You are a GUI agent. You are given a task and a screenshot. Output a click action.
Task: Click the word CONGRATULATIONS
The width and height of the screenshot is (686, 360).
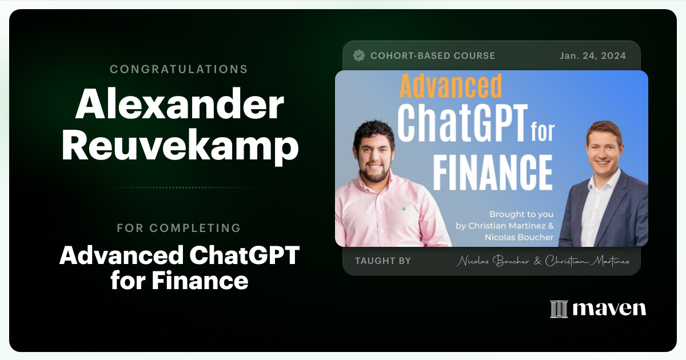coord(179,69)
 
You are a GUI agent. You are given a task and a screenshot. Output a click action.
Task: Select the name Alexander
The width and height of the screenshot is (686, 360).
coord(180,106)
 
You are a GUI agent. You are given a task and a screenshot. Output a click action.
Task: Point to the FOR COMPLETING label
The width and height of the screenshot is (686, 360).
coord(179,228)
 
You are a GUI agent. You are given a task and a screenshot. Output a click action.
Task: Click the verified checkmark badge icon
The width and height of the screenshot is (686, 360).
coord(359,55)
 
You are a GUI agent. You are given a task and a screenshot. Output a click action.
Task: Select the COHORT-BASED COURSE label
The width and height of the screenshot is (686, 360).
coord(433,55)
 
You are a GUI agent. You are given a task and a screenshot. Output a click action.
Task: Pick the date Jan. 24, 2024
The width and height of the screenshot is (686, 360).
coord(593,55)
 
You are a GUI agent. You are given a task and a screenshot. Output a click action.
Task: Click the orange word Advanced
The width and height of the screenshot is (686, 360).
coord(450,86)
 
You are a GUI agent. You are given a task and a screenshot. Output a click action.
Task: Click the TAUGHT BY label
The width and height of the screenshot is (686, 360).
coord(382,261)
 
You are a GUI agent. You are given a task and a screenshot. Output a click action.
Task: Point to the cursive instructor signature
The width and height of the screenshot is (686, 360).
coord(543,261)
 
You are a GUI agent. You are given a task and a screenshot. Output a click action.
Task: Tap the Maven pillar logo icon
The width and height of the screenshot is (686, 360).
coord(559,309)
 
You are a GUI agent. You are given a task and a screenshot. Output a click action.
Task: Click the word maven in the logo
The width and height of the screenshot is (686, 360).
coord(609,309)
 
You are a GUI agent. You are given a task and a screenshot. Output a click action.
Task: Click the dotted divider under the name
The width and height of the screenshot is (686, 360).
coord(179,187)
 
